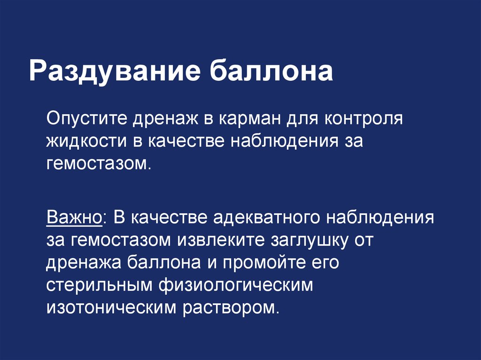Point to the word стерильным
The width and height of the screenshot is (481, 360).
click(x=99, y=285)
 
